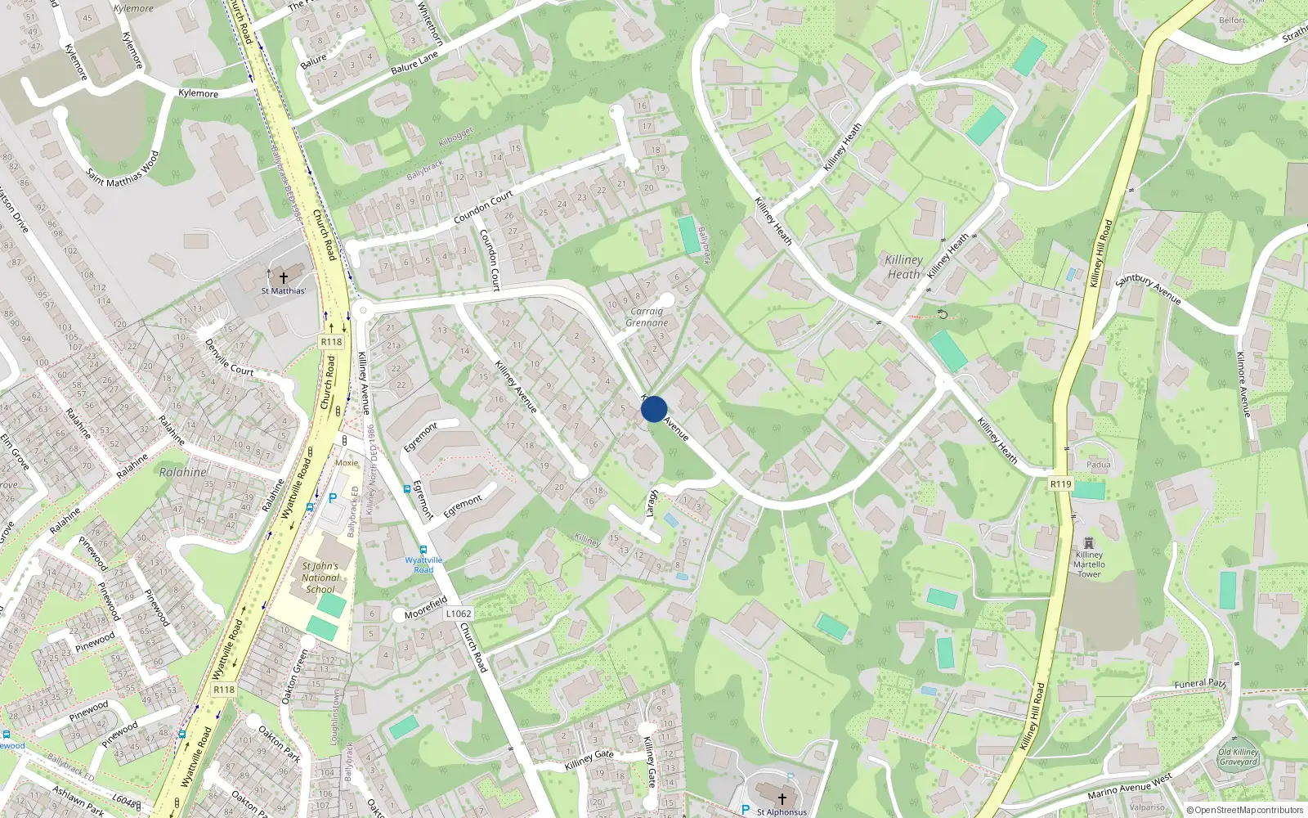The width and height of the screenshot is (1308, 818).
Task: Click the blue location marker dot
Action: (x=653, y=409)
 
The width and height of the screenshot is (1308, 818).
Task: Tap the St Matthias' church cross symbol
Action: (x=284, y=277)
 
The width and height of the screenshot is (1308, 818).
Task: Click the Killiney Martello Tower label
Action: (x=1089, y=564)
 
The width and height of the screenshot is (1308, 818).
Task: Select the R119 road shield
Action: (x=1060, y=484)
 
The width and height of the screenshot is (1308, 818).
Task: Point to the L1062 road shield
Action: (x=459, y=613)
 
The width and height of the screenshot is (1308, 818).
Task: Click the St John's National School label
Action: (x=320, y=578)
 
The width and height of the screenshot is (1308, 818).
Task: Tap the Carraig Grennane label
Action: (x=647, y=317)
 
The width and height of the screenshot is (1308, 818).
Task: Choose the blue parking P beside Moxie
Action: (x=333, y=497)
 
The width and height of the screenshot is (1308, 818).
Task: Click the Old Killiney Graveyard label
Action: (x=1239, y=757)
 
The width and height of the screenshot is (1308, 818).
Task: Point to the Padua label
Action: (x=1099, y=465)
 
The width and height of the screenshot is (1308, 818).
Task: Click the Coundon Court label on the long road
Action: (x=482, y=208)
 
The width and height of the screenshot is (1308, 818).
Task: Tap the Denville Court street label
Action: (x=229, y=357)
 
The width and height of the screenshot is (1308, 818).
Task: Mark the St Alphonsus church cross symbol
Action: (x=782, y=798)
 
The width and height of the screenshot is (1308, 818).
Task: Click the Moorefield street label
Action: (x=426, y=609)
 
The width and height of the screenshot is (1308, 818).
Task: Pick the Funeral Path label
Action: (x=1200, y=684)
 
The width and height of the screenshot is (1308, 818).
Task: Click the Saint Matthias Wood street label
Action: (x=123, y=169)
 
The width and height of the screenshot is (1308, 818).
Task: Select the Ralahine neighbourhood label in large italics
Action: (x=182, y=472)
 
